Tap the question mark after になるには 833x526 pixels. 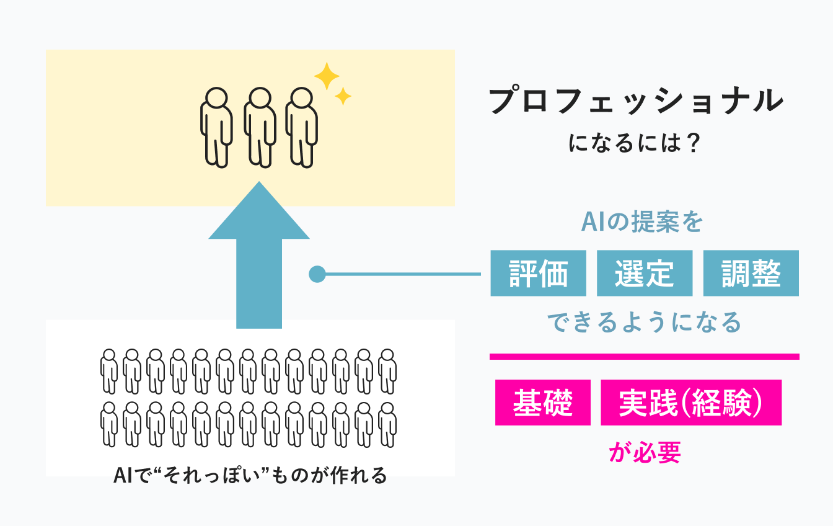(x=694, y=145)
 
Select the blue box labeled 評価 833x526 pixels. (x=538, y=273)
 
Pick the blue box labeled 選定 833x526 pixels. (x=645, y=273)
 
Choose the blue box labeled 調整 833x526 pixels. (x=751, y=273)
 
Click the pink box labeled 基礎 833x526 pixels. (x=543, y=403)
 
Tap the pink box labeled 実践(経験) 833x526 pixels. (x=691, y=403)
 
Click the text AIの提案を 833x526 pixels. (x=641, y=223)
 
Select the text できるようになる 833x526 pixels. (x=644, y=323)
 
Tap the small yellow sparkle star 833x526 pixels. (x=343, y=96)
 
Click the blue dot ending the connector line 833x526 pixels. (x=317, y=274)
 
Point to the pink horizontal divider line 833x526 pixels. (x=645, y=357)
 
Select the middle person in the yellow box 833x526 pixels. (x=259, y=126)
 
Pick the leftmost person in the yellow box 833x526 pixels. (x=216, y=126)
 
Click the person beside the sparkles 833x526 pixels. (x=302, y=126)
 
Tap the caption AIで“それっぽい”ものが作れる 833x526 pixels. (x=250, y=476)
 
